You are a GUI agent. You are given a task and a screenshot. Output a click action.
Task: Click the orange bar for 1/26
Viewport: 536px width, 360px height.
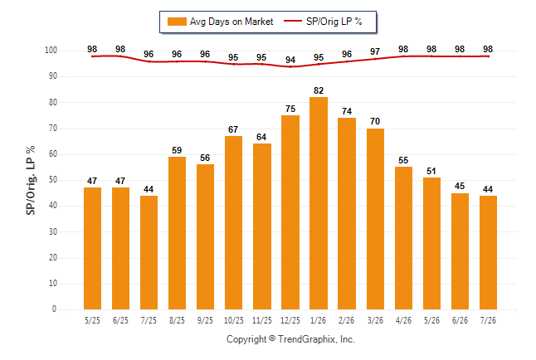(x=319, y=203)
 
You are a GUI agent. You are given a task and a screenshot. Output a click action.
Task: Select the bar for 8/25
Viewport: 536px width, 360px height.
(x=177, y=233)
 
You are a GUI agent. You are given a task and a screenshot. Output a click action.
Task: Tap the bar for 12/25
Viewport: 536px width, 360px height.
(x=290, y=212)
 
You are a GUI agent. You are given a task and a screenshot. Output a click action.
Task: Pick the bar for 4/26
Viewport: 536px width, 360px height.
(x=403, y=238)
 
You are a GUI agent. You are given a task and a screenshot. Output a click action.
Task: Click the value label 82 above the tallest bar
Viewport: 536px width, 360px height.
(x=319, y=90)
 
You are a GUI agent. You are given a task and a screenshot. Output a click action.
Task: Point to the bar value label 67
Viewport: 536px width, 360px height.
(x=233, y=129)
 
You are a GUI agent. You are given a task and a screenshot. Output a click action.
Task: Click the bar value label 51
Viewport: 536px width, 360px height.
(x=431, y=171)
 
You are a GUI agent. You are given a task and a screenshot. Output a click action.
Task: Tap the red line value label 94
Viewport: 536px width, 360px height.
(x=290, y=60)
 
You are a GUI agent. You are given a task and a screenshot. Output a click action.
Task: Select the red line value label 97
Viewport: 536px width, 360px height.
(x=375, y=51)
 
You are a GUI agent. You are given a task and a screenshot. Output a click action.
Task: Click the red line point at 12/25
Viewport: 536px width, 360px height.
(x=290, y=66)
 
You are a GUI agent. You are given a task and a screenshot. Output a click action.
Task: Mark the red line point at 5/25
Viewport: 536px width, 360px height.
(x=92, y=56)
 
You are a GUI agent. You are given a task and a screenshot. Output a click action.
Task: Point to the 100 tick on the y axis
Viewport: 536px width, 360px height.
(x=51, y=51)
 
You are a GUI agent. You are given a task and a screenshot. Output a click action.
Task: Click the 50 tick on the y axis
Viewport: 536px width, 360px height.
(x=52, y=180)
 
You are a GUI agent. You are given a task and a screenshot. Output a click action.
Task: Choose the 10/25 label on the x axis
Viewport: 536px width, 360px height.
(x=233, y=320)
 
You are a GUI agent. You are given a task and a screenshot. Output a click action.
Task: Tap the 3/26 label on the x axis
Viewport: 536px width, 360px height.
(x=375, y=320)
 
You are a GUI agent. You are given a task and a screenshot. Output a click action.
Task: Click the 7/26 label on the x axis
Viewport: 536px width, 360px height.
(x=488, y=320)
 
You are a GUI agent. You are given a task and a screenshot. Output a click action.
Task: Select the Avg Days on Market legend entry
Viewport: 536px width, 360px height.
(x=221, y=22)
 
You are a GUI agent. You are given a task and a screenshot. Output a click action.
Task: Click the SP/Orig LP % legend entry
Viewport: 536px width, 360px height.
(x=323, y=22)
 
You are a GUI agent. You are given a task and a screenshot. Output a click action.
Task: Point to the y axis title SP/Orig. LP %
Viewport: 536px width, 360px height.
(x=31, y=180)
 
